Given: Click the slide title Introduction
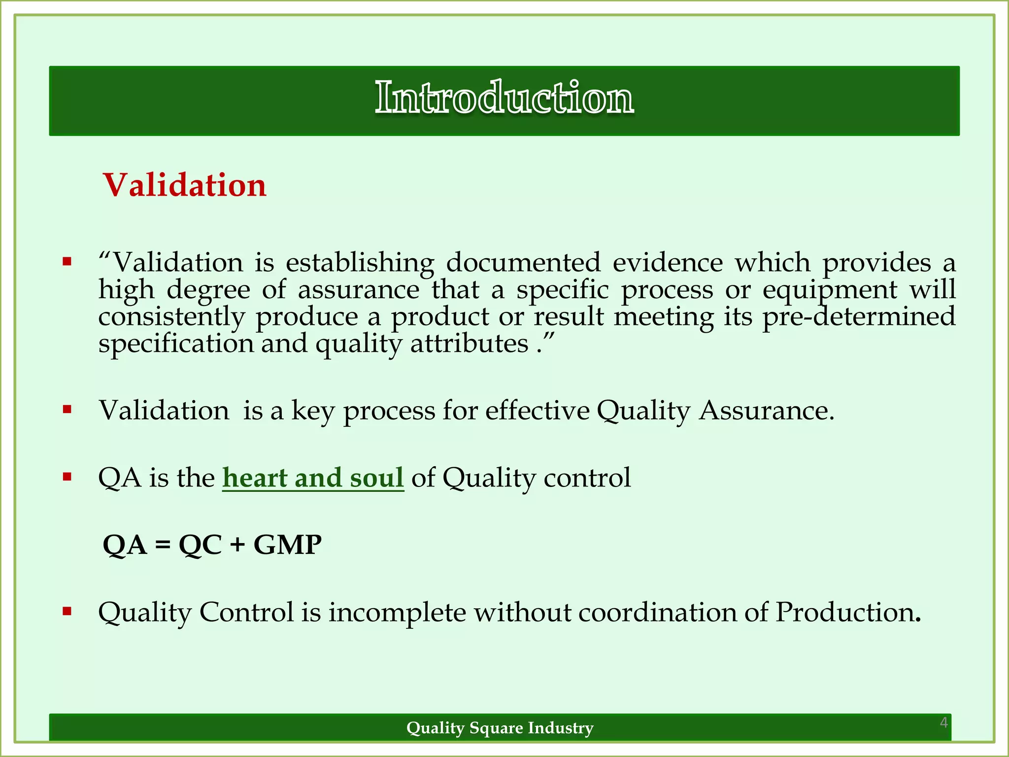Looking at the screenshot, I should [504, 98].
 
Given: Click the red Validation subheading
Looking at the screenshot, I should [185, 185].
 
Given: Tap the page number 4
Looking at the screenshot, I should [943, 723].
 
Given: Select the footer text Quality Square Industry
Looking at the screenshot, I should [500, 727].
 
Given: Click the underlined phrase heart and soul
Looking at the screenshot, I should [313, 478].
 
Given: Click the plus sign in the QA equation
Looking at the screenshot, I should [237, 545].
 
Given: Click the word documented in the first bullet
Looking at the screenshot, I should [523, 262].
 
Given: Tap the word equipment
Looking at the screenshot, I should [830, 290].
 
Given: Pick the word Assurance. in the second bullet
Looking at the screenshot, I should [767, 411].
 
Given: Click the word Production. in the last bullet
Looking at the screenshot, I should [848, 612].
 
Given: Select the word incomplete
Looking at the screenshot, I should [397, 612].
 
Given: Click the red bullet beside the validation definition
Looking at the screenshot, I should [67, 261].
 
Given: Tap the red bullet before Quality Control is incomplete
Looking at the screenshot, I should [67, 612].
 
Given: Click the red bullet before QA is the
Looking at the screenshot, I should [67, 477].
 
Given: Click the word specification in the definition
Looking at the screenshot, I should [175, 344].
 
